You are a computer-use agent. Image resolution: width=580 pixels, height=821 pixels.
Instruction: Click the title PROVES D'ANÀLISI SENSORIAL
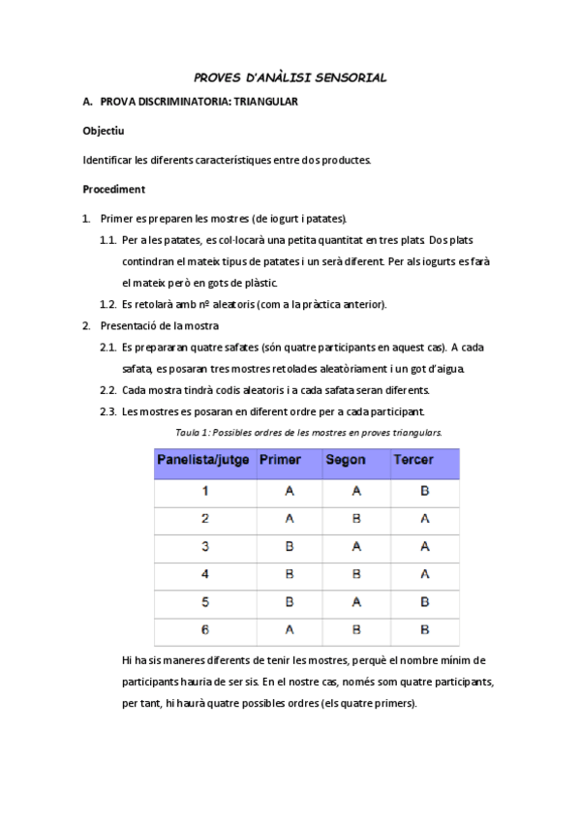(290, 77)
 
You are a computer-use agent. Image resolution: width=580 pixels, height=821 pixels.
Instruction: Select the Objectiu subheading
(104, 130)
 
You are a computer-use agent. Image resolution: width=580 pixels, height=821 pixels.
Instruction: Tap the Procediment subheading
(113, 189)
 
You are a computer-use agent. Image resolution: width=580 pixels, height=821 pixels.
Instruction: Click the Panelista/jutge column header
(204, 461)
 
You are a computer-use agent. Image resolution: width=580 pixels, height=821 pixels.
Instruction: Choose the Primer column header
(281, 461)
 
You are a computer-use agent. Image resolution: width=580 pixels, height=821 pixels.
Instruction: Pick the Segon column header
(346, 461)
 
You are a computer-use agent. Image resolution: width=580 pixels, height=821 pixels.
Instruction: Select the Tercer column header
(412, 461)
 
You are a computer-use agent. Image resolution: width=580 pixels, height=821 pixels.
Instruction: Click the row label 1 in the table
(204, 492)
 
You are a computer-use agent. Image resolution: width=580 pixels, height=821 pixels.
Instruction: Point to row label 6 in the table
(204, 630)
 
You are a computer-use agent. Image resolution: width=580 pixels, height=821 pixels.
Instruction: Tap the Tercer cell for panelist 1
(424, 492)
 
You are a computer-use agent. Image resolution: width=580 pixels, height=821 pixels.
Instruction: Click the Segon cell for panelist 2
(355, 519)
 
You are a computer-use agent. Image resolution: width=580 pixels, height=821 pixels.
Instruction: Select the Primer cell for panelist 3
(289, 547)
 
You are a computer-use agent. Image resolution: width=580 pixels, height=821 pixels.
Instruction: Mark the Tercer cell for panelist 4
(424, 575)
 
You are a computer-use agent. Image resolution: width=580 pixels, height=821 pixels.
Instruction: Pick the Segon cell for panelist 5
(355, 602)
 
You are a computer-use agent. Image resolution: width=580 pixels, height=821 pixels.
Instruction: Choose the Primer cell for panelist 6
(289, 630)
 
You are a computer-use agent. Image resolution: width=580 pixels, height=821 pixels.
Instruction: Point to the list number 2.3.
(108, 411)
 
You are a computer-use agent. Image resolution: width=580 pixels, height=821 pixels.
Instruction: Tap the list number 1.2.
(108, 304)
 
